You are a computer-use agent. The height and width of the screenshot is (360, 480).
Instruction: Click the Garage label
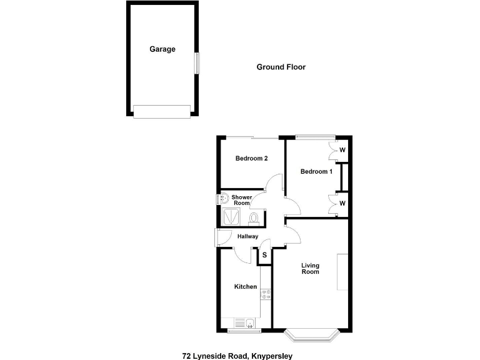(x=162, y=49)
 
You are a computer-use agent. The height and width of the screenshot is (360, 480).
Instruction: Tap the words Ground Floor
(x=281, y=67)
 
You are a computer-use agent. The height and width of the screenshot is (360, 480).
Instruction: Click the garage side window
(x=196, y=62)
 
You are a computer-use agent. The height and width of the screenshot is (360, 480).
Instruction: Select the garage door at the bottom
(x=161, y=111)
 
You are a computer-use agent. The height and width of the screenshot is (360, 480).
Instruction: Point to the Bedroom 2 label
(x=251, y=158)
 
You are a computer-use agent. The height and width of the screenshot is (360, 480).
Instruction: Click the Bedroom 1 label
(x=316, y=171)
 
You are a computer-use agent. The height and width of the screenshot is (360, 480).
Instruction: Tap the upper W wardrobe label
(x=342, y=151)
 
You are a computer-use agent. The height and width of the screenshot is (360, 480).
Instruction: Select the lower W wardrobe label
(x=342, y=203)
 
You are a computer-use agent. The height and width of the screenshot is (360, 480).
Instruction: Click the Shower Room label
(x=242, y=200)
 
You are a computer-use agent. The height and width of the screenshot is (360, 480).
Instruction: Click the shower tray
(x=231, y=216)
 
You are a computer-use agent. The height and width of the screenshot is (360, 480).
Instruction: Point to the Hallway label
(x=248, y=236)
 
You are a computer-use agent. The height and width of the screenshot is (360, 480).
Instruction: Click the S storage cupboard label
(x=264, y=255)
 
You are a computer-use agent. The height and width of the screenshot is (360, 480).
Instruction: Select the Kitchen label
(x=246, y=287)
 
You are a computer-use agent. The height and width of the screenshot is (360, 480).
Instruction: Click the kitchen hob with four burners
(x=266, y=294)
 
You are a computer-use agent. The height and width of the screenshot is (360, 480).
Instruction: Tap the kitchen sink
(x=249, y=322)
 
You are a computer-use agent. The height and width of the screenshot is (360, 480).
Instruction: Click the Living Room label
(x=310, y=268)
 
